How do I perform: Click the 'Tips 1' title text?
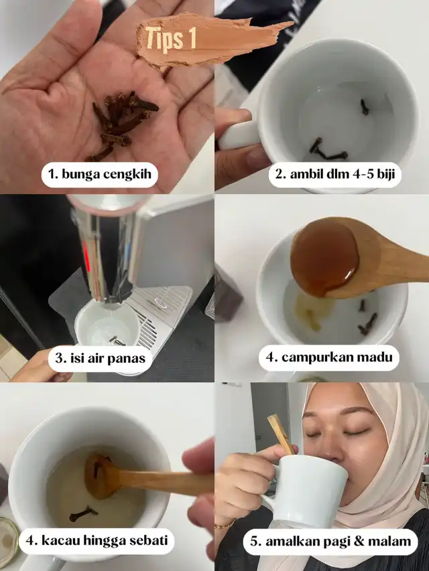171,38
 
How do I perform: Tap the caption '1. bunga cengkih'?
99,175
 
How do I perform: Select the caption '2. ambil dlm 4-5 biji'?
335,175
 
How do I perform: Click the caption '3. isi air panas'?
101,358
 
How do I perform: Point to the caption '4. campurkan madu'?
329,357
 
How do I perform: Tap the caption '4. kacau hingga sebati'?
97,540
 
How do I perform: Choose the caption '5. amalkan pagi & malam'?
330,542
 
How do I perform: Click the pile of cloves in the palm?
121,124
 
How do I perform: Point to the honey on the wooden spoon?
324,257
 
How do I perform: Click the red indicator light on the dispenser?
86,256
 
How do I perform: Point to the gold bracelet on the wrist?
224,525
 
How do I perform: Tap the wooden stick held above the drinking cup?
280,434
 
